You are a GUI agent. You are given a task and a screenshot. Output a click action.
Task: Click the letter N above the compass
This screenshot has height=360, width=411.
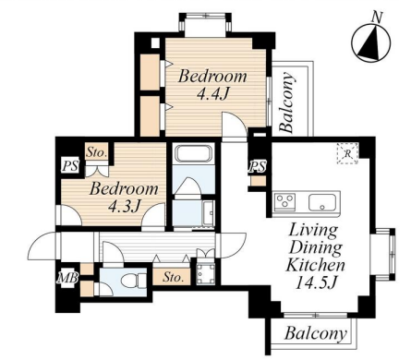(377, 17)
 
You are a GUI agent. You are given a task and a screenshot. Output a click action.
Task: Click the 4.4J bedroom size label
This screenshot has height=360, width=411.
(212, 93)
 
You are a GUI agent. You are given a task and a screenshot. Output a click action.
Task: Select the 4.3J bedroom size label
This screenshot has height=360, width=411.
(125, 206)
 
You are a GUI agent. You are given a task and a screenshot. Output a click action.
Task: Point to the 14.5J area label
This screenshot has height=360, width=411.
(315, 282)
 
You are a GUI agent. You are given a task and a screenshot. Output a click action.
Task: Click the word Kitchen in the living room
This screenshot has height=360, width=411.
(316, 265)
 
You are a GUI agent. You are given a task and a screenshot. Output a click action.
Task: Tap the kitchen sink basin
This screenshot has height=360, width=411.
(321, 202)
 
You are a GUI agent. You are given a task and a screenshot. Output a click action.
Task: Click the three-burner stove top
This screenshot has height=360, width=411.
(284, 202)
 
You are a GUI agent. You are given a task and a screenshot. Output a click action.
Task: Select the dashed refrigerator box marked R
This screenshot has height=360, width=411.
(347, 153)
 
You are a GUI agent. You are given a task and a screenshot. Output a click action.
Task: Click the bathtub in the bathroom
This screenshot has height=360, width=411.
(193, 153)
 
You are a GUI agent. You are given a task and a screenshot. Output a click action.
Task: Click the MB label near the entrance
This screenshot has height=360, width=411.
(68, 278)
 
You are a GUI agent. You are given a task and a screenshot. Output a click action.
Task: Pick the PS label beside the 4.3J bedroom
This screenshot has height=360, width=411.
(70, 166)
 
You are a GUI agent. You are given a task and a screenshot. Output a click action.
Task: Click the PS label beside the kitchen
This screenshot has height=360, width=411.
(258, 166)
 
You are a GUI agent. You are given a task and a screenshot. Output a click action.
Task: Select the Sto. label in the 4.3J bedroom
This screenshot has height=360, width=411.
(97, 152)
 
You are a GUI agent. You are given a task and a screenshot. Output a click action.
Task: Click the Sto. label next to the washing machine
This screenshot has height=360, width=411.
(173, 277)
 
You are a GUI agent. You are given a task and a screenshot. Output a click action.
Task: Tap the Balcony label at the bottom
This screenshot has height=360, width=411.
(316, 332)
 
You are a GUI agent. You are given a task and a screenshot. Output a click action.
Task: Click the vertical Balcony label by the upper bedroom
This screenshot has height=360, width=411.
(287, 102)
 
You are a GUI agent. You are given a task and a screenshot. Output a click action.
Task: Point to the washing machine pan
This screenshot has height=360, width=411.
(206, 273)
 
